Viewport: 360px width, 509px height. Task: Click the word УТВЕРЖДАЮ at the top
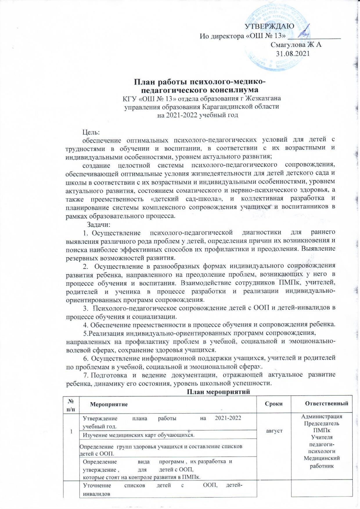(x=270, y=26)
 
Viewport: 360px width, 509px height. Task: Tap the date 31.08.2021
(x=293, y=53)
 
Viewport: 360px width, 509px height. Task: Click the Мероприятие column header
(x=109, y=404)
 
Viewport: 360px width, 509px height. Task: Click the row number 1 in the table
(x=71, y=431)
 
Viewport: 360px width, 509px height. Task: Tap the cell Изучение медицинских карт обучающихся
(x=138, y=435)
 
